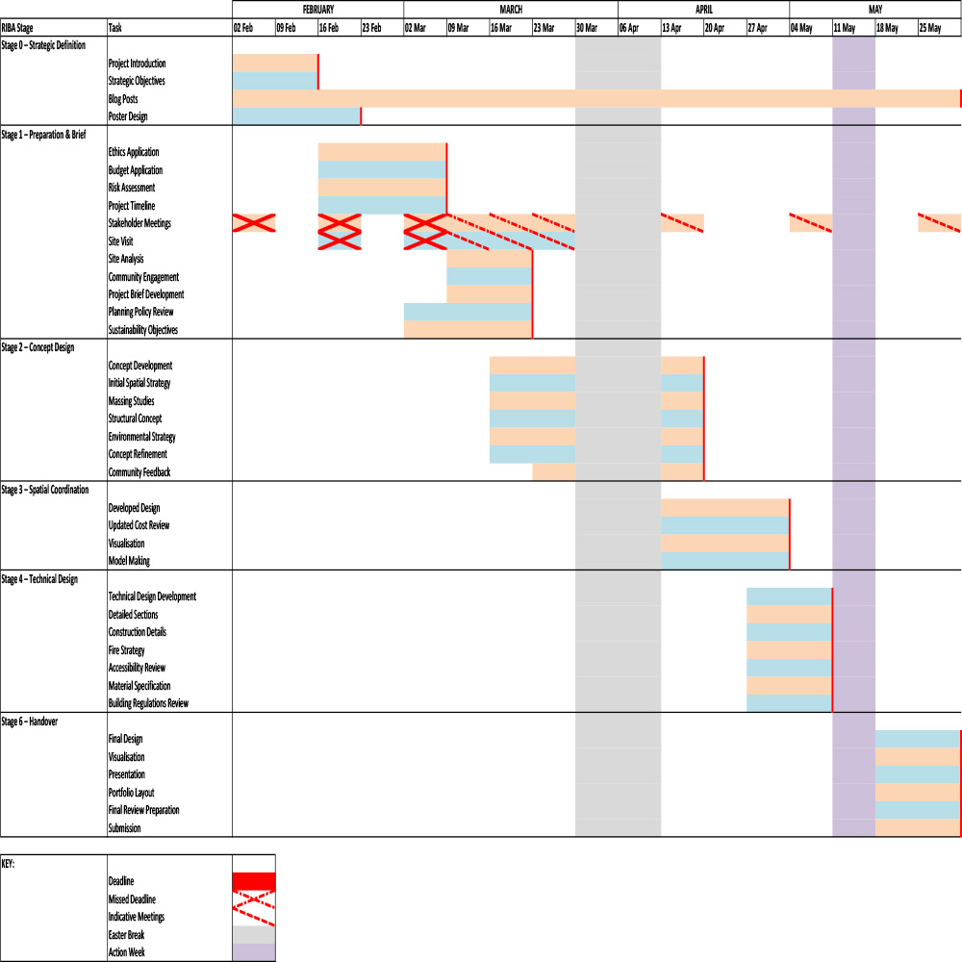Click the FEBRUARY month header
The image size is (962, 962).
317,9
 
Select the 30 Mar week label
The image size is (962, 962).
587,28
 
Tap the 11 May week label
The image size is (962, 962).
845,28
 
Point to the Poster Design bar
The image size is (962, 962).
296,116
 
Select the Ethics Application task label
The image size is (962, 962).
134,152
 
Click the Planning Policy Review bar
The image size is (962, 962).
468,312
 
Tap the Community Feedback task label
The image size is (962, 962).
139,472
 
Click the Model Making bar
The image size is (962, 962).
724,561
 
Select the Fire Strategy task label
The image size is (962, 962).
127,650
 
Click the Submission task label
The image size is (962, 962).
125,828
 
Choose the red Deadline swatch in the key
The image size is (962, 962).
254,881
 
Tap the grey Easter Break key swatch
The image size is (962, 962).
254,935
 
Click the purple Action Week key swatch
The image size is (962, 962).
254,952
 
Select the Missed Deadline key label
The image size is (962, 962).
133,899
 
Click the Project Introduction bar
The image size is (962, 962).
275,63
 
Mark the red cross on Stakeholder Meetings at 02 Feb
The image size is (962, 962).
254,223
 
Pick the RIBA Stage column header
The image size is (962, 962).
17,28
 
